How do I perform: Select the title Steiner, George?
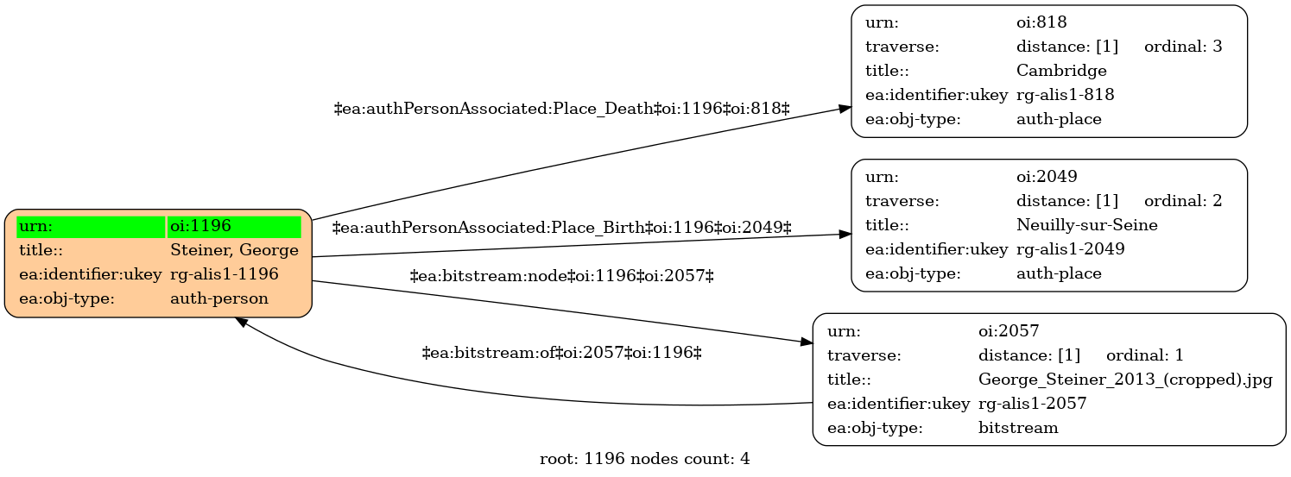pyautogui.click(x=234, y=250)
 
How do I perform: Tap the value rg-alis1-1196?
pyautogui.click(x=225, y=274)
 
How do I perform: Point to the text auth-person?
pyautogui.click(x=219, y=298)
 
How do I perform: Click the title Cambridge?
pyautogui.click(x=1061, y=71)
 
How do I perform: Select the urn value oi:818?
pyautogui.click(x=1041, y=22)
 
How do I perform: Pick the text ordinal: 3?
pyautogui.click(x=1183, y=47)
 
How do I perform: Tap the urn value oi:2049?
pyautogui.click(x=1047, y=177)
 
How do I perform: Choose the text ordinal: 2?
pyautogui.click(x=1183, y=201)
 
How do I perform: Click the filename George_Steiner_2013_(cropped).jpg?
pyautogui.click(x=1125, y=380)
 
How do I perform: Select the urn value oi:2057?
pyautogui.click(x=1009, y=331)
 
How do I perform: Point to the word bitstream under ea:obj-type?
pyautogui.click(x=1018, y=428)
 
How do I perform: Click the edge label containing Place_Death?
pyautogui.click(x=562, y=108)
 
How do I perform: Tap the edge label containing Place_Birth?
pyautogui.click(x=562, y=228)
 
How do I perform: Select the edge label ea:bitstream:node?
pyautogui.click(x=562, y=277)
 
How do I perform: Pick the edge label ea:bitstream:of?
pyautogui.click(x=562, y=352)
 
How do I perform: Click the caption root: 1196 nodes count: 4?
pyautogui.click(x=644, y=459)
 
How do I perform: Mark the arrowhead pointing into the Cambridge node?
pyautogui.click(x=845, y=108)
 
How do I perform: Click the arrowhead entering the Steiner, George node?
pyautogui.click(x=242, y=323)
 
